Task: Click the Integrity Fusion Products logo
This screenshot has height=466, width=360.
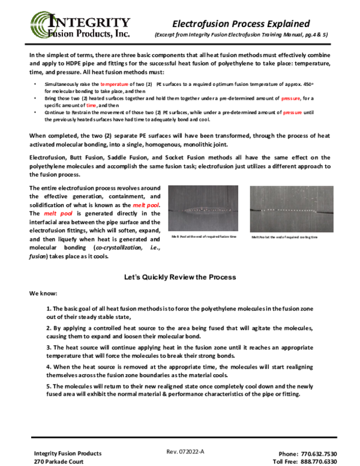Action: [80, 26]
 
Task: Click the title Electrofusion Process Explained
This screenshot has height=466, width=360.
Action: [241, 23]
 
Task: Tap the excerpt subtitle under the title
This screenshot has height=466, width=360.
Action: [241, 35]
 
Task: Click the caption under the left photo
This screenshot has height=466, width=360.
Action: [204, 237]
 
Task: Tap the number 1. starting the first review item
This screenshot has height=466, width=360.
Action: [49, 308]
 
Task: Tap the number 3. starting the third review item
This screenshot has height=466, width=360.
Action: [49, 347]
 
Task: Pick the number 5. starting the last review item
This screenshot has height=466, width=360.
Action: [49, 386]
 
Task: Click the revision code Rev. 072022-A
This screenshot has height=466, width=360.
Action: [185, 452]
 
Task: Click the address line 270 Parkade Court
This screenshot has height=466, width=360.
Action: [61, 462]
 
